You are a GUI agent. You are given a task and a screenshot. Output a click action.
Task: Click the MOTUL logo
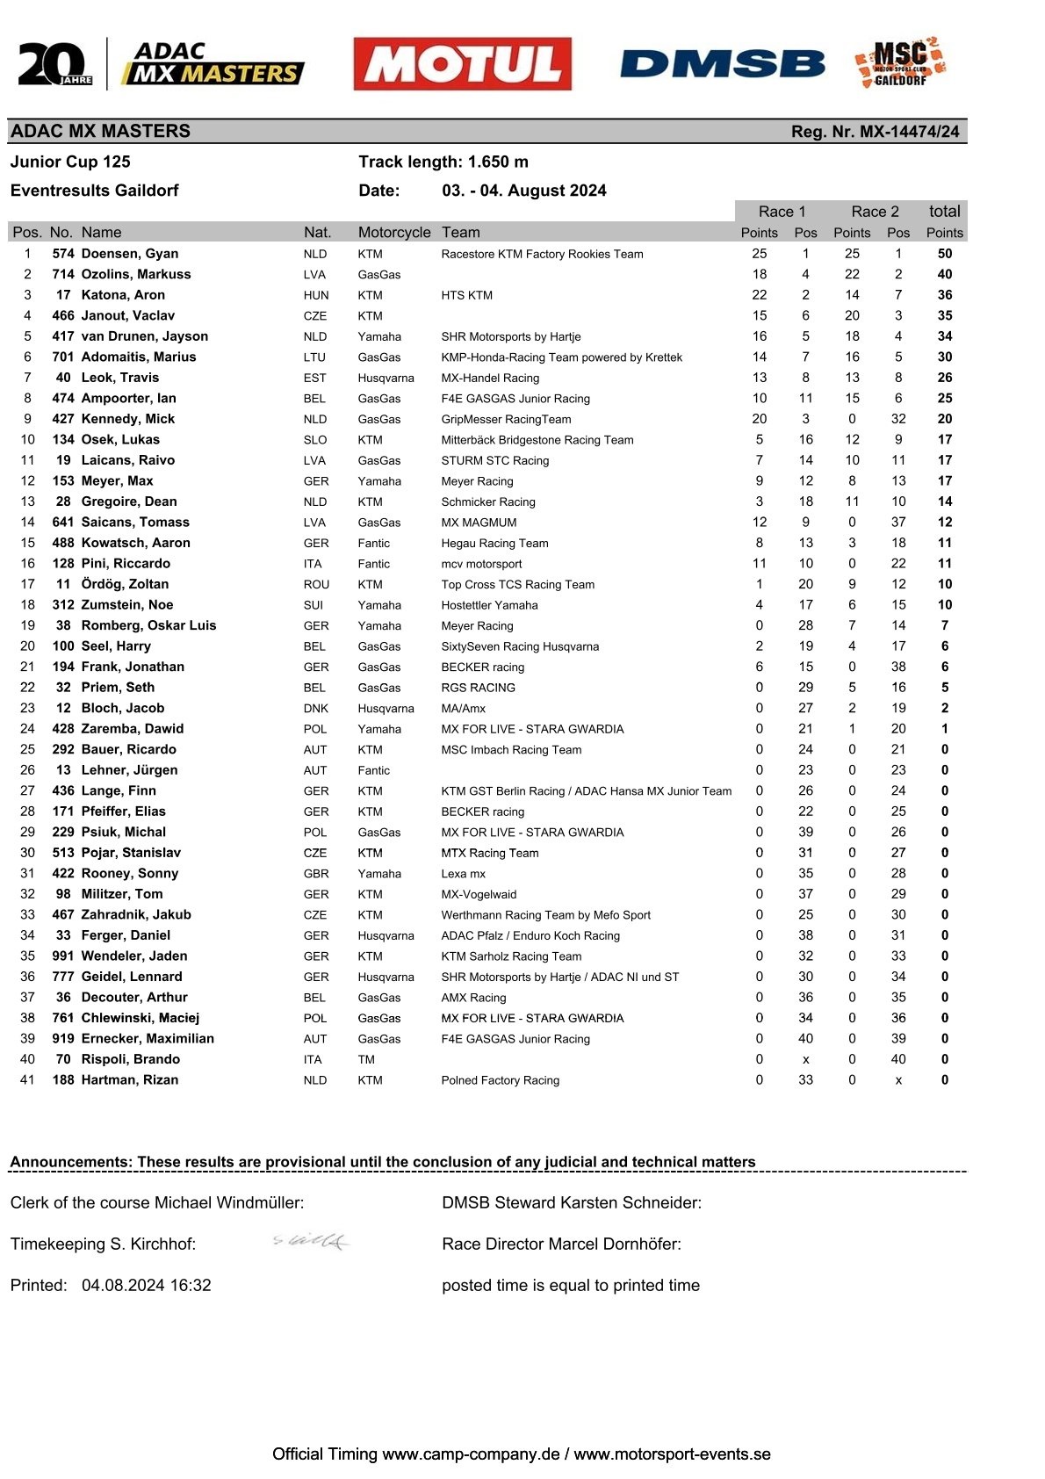point(462,64)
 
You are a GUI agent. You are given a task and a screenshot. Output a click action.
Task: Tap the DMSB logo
point(722,64)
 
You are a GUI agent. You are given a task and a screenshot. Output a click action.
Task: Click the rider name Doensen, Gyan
point(129,254)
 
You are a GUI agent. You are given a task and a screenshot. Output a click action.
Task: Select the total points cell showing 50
point(944,254)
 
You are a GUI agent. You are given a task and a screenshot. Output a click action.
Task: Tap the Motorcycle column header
point(394,233)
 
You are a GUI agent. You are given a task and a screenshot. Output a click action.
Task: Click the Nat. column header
point(317,233)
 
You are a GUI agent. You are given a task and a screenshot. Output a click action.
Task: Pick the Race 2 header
point(875,212)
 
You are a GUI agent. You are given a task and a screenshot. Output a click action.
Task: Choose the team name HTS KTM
point(466,295)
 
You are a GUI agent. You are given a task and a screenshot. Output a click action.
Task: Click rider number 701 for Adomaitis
point(63,357)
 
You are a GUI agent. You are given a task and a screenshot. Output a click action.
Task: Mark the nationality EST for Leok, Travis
point(314,378)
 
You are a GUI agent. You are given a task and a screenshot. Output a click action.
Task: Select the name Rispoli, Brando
point(130,1059)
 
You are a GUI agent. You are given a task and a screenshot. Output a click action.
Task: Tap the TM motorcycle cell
point(366,1059)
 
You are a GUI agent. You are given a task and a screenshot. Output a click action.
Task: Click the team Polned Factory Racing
point(500,1080)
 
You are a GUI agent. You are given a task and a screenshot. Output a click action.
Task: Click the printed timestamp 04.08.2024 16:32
point(147,1285)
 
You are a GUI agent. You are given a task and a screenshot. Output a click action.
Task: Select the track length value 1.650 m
point(498,162)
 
